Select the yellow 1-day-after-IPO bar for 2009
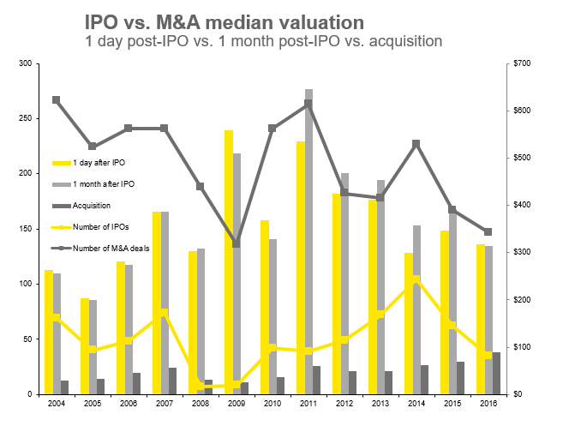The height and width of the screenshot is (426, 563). [229, 257]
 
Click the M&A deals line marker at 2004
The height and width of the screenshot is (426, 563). [56, 99]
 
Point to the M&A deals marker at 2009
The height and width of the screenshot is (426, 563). [237, 244]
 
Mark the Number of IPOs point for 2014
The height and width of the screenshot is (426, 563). [416, 279]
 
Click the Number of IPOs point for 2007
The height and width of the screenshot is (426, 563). [165, 312]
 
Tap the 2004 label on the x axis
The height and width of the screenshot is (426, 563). [57, 403]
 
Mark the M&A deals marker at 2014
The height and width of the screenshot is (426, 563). [416, 144]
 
